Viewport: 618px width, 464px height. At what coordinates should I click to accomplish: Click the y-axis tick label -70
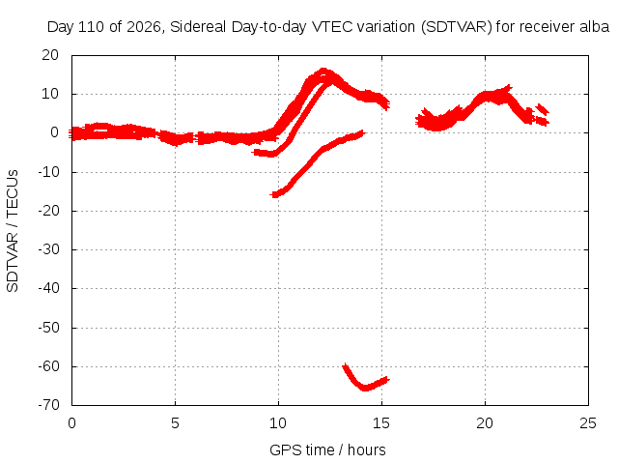click(48, 405)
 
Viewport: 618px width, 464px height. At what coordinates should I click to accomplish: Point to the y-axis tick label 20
click(50, 55)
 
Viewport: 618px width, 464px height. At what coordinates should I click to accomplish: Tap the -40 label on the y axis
click(48, 288)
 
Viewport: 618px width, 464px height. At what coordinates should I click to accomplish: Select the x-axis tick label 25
click(588, 423)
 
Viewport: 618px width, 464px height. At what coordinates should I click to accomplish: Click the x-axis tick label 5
click(175, 423)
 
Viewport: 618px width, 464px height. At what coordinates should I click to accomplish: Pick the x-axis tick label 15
click(381, 423)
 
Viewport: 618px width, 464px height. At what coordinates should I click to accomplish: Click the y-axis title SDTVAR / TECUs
click(13, 231)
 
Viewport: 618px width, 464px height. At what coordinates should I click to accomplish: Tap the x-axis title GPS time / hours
click(327, 449)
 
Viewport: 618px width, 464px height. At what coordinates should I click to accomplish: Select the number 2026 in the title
click(143, 27)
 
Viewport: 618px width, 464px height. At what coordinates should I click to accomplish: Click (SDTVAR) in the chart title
click(457, 27)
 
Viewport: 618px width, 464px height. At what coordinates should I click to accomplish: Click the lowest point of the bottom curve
click(365, 389)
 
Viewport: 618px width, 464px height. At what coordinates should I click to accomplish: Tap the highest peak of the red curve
click(323, 71)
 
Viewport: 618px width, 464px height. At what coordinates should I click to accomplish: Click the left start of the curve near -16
click(272, 194)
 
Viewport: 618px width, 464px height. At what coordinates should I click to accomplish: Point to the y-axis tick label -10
click(48, 172)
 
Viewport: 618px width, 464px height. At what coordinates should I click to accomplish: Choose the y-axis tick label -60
click(48, 366)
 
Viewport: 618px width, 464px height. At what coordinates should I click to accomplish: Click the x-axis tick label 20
click(485, 423)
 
